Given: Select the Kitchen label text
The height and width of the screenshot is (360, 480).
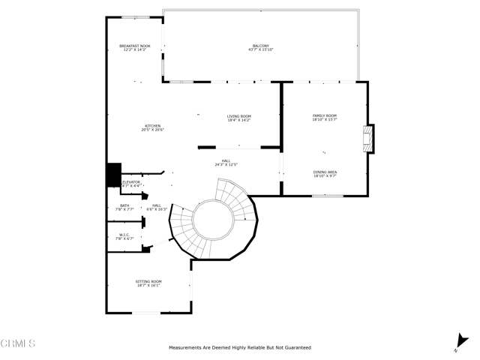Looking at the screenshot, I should coord(152,127).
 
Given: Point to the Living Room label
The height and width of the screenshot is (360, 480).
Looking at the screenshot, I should coord(239,118).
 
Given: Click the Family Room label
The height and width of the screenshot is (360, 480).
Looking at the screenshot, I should coord(325,117).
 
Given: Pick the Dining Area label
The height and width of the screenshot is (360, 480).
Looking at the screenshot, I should coord(325,174).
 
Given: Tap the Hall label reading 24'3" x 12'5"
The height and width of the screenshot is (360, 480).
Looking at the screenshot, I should coord(226,163).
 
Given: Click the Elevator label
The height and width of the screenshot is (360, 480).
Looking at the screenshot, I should coord(131,183).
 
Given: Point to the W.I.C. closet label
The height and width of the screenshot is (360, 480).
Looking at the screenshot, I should coord(124,236).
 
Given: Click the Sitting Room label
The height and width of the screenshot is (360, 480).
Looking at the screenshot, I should coord(148,283).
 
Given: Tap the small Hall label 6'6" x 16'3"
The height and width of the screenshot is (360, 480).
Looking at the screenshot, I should coord(157,208).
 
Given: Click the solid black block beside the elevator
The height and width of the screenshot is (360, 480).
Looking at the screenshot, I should coord(113,175).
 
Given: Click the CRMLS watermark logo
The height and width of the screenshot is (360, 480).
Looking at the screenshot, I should coord(18,344).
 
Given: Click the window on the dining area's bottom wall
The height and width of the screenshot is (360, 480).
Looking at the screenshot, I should coord(328,196).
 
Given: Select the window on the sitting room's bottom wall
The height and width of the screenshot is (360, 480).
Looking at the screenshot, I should coord(147,313).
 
